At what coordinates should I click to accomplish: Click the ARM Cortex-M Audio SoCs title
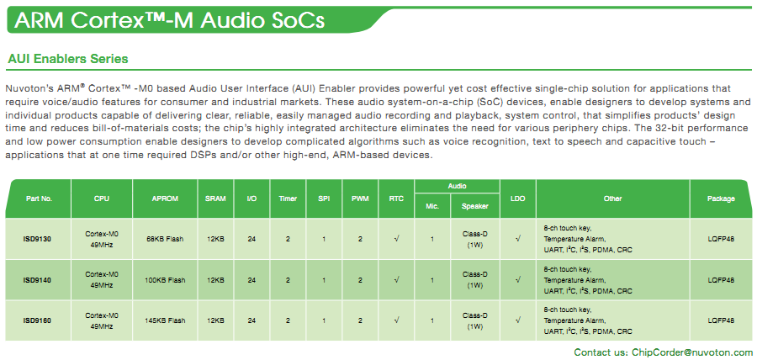pos(169,20)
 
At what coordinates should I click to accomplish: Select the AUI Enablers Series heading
pos(68,59)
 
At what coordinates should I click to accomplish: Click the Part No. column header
pos(39,199)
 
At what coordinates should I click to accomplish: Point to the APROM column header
pos(165,199)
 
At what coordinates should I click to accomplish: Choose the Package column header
pos(721,199)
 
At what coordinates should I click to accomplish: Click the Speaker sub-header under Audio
pos(475,207)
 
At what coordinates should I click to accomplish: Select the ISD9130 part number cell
pos(37,238)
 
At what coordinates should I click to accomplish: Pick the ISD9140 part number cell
pos(37,280)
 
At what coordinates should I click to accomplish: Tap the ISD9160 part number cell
pos(37,320)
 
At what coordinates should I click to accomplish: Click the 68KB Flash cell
pos(165,238)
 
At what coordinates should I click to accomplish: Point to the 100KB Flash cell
pos(165,280)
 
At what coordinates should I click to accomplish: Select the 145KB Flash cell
pos(165,320)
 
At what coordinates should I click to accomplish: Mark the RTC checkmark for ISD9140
pos(396,279)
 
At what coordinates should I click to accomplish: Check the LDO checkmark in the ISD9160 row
pos(517,320)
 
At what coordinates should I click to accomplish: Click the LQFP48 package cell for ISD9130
pos(721,238)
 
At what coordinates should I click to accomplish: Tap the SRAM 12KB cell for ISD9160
pos(215,320)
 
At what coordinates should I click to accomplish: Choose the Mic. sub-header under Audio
pos(432,207)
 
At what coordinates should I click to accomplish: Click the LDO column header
pos(517,199)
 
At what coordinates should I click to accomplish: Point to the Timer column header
pos(288,199)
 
